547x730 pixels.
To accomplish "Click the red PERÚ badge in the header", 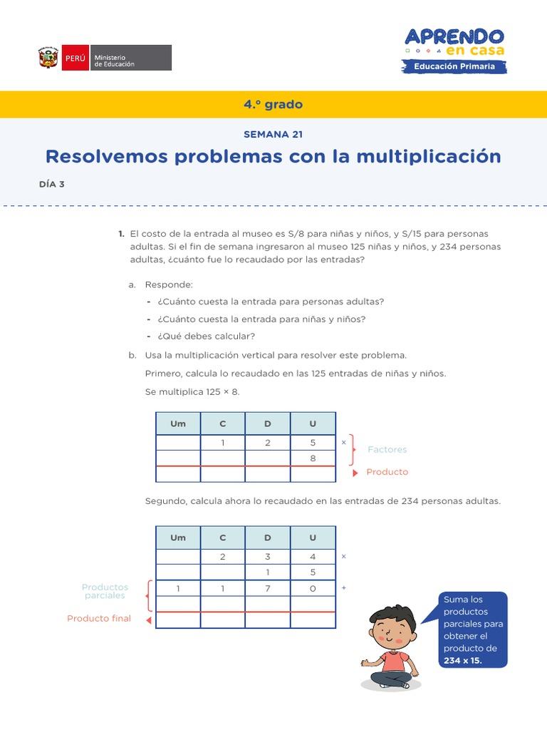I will pyautogui.click(x=75, y=58).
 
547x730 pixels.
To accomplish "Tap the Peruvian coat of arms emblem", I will pyautogui.click(x=48, y=58).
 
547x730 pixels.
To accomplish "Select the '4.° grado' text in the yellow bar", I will pyautogui.click(x=273, y=104).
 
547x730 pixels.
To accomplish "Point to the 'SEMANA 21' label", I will pyautogui.click(x=273, y=134).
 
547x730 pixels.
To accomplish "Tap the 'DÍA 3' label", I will pyautogui.click(x=52, y=184).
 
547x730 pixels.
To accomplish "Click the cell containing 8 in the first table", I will pyautogui.click(x=313, y=458).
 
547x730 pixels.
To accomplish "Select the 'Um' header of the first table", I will pyautogui.click(x=178, y=423).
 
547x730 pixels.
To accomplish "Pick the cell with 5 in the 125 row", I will pyautogui.click(x=313, y=443).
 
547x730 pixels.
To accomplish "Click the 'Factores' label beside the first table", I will pyautogui.click(x=387, y=450).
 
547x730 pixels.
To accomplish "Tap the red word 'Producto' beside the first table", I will pyautogui.click(x=387, y=472).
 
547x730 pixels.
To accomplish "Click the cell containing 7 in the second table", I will pyautogui.click(x=268, y=588).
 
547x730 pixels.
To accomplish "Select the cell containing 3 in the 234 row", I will pyautogui.click(x=268, y=557).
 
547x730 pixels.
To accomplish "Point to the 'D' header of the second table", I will pyautogui.click(x=268, y=538).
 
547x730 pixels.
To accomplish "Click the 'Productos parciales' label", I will pyautogui.click(x=105, y=591).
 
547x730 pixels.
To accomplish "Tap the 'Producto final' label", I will pyautogui.click(x=99, y=618).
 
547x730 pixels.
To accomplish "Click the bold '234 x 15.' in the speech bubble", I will pyautogui.click(x=462, y=660).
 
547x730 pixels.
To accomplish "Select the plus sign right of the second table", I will pyautogui.click(x=344, y=588).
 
